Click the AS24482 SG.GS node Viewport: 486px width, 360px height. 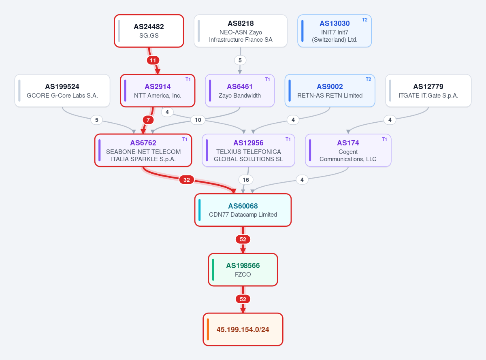pyautogui.click(x=149, y=31)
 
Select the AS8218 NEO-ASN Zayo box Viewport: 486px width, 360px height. pyautogui.click(x=241, y=31)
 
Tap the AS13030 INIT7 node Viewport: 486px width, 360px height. pyautogui.click(x=335, y=31)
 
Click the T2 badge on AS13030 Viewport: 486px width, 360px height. pyautogui.click(x=364, y=20)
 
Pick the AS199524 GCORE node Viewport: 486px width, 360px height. pyautogui.click(x=62, y=90)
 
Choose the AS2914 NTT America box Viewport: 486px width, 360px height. pyautogui.click(x=158, y=90)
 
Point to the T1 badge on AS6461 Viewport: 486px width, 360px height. pyautogui.click(x=267, y=79)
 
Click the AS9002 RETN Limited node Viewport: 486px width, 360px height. pyautogui.click(x=330, y=90)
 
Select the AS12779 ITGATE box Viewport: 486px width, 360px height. pyautogui.click(x=428, y=90)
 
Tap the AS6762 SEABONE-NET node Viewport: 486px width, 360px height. pyautogui.click(x=143, y=150)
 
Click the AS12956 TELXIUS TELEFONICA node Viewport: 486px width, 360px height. pyautogui.click(x=248, y=150)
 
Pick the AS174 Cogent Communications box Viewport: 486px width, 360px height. pyautogui.click(x=348, y=150)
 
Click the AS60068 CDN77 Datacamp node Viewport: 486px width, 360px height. pyautogui.click(x=243, y=210)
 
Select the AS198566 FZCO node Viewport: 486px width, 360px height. pyautogui.click(x=243, y=270)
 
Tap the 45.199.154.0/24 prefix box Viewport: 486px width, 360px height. pyautogui.click(x=243, y=329)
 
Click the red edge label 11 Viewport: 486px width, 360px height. pyautogui.click(x=153, y=60)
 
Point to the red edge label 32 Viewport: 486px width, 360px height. pyautogui.click(x=186, y=180)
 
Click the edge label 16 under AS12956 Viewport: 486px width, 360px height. pyautogui.click(x=245, y=180)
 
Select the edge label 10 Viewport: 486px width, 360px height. pyautogui.click(x=198, y=120)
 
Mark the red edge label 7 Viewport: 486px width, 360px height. pyautogui.click(x=148, y=120)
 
